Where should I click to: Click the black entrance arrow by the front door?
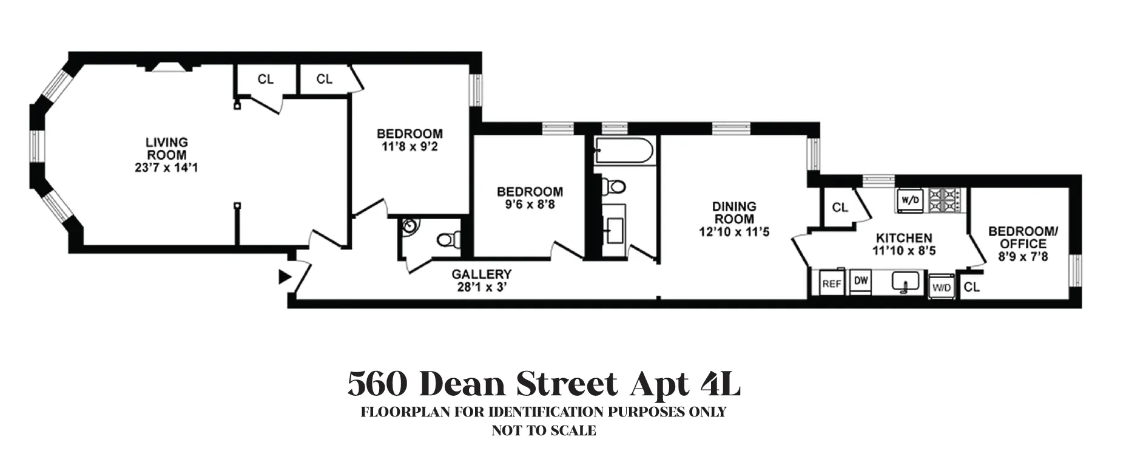click(284, 277)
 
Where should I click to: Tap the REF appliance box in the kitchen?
click(831, 283)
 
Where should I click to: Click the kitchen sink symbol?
click(904, 282)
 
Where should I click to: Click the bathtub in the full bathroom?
click(624, 150)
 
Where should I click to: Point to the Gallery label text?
click(481, 274)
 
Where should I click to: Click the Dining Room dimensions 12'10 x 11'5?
click(734, 231)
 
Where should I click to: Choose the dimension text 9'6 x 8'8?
click(530, 205)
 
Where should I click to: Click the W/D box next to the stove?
click(908, 200)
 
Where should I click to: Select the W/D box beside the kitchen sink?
click(942, 288)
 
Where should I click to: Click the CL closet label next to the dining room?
click(840, 208)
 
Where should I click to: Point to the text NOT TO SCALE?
click(544, 431)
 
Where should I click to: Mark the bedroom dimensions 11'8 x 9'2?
click(410, 146)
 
